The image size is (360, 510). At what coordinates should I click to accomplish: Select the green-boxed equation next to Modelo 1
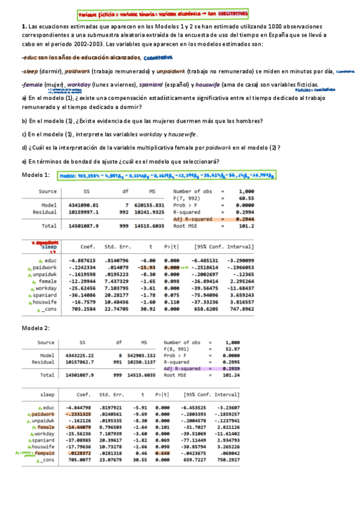[167, 176]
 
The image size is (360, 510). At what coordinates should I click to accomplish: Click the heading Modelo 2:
[35, 328]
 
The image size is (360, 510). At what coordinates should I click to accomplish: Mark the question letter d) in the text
[24, 147]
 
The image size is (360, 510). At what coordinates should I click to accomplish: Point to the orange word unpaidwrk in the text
[170, 71]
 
